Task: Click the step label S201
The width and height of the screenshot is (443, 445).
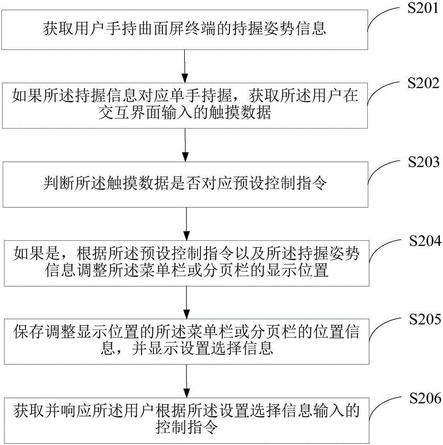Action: point(423,8)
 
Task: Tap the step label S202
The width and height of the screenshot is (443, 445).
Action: point(423,83)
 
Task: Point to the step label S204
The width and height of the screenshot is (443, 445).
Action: point(425,241)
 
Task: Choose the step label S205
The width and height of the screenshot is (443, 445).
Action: point(425,319)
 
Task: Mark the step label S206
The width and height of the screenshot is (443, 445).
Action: point(425,398)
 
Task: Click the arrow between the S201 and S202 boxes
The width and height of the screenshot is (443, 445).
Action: point(185,66)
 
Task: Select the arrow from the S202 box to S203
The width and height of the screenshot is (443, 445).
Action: point(185,145)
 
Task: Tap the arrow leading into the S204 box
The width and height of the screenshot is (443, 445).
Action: point(187,224)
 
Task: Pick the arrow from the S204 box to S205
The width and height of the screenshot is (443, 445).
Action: point(187,302)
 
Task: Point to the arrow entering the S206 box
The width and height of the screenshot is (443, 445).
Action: point(187,381)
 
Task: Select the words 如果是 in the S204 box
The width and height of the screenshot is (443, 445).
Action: point(37,254)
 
